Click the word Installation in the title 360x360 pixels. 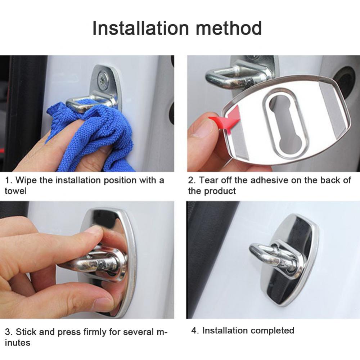(140, 28)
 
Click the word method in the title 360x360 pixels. (229, 28)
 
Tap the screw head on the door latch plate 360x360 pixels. (102, 79)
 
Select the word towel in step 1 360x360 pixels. (15, 191)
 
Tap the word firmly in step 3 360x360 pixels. (95, 332)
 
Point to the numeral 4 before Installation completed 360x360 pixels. (194, 330)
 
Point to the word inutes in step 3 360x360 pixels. (18, 343)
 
